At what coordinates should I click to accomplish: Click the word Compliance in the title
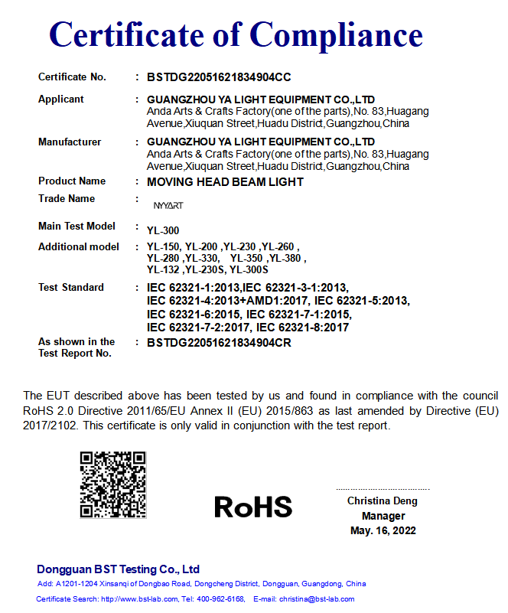click(x=336, y=34)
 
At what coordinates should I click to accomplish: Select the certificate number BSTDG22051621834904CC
click(x=219, y=77)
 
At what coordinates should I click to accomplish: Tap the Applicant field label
click(x=61, y=99)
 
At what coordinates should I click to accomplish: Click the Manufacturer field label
click(x=70, y=142)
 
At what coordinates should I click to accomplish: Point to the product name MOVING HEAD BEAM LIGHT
click(x=225, y=182)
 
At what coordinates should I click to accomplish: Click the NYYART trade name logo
click(x=168, y=206)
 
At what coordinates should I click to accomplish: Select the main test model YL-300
click(x=163, y=230)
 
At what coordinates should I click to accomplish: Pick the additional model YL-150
click(x=163, y=247)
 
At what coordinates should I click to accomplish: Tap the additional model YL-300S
click(x=251, y=270)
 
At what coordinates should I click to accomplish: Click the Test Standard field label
click(x=71, y=288)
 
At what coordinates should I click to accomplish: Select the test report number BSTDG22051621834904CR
click(x=219, y=343)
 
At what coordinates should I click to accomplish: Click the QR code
click(x=112, y=484)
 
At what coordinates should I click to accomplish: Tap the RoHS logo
click(x=253, y=506)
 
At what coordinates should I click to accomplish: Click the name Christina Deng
click(x=383, y=501)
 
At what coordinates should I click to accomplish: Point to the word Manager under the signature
click(x=383, y=516)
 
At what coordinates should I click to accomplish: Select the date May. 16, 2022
click(x=383, y=530)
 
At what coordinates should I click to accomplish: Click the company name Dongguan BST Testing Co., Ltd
click(x=118, y=569)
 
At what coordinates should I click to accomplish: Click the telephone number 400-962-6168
click(x=222, y=598)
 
